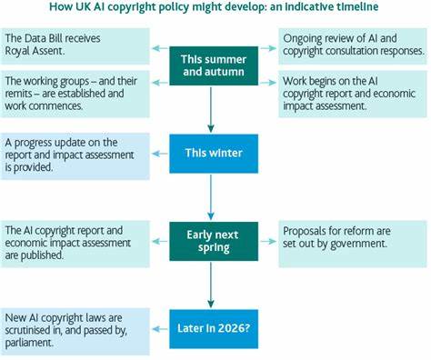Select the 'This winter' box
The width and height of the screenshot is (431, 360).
click(211, 151)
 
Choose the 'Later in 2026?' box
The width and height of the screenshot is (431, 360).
click(211, 323)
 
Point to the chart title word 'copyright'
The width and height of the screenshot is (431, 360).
click(171, 9)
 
